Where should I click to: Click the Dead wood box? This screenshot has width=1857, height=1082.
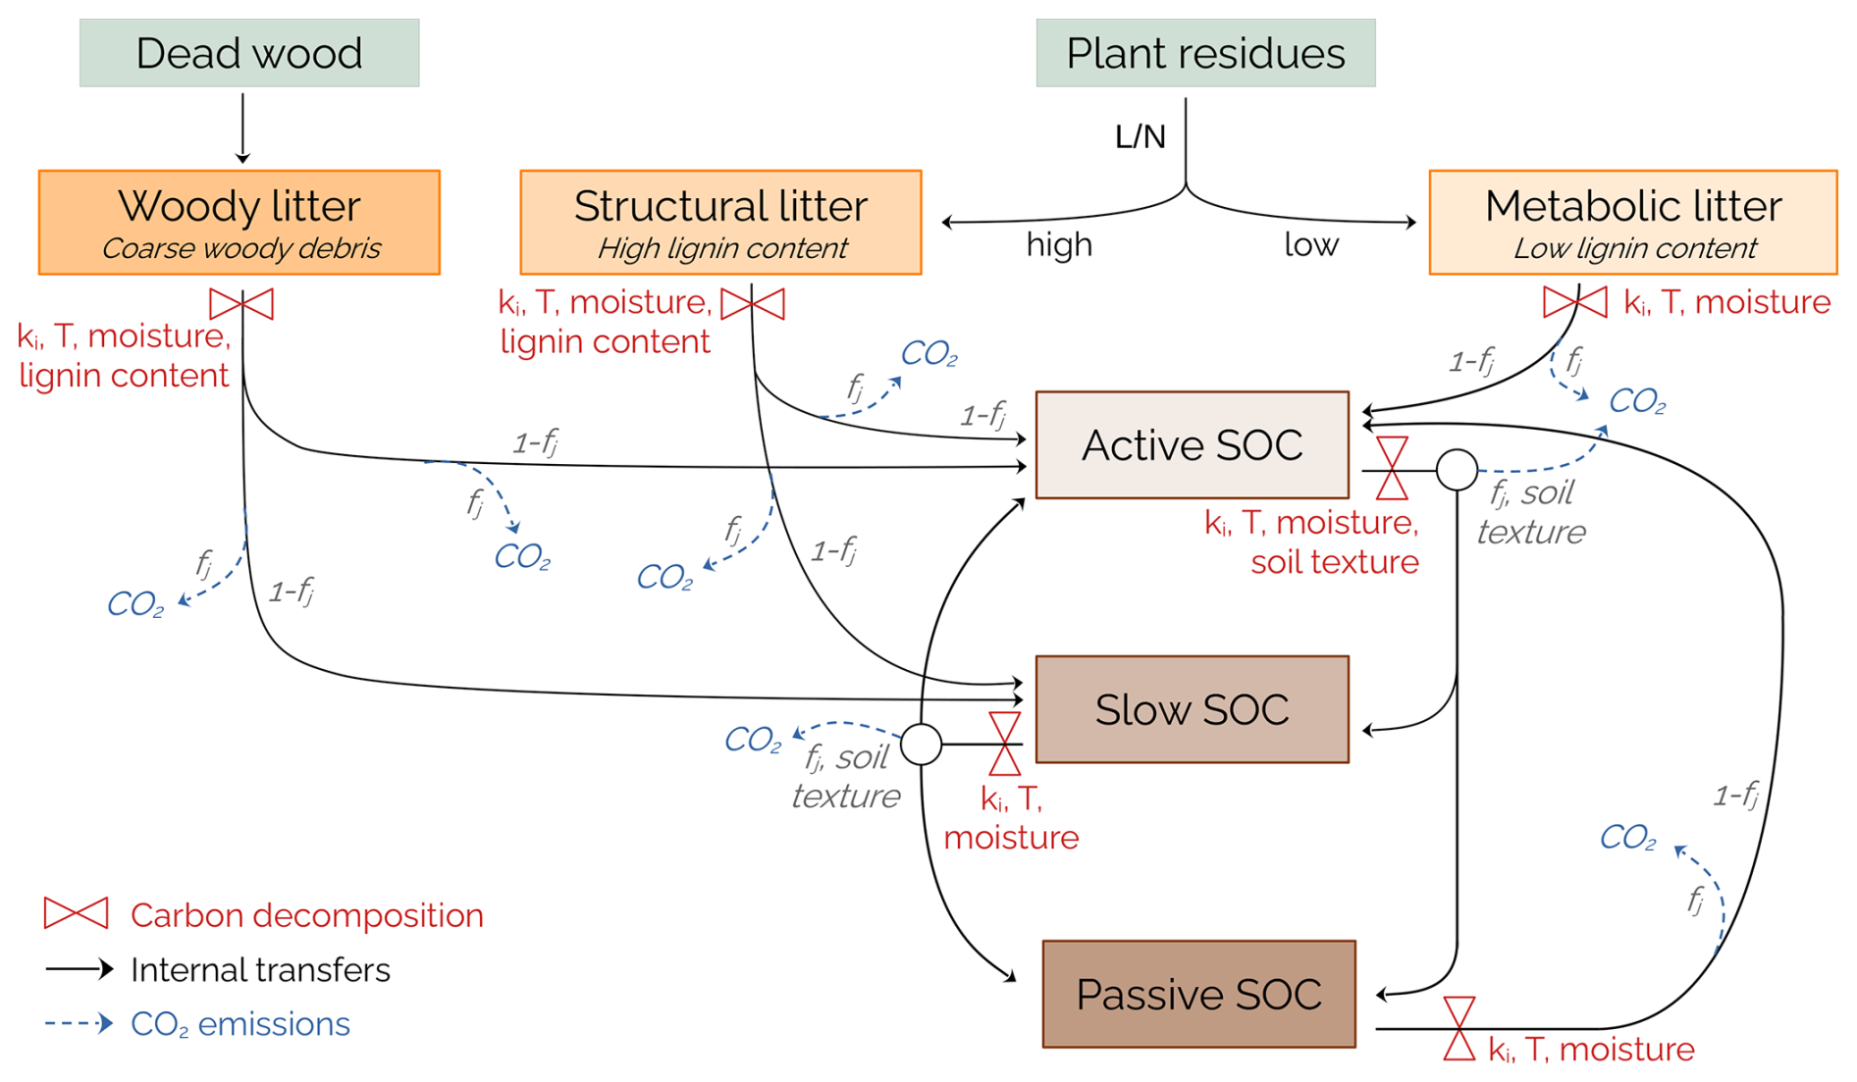coord(249,53)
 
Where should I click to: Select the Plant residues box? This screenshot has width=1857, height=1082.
coord(1205,53)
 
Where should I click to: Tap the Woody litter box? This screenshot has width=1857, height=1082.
coord(239,223)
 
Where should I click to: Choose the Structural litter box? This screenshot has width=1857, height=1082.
coord(720,223)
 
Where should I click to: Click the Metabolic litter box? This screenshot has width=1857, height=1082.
coord(1633,223)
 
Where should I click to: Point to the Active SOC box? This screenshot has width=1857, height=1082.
coord(1192,445)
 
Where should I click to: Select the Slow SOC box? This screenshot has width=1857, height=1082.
coord(1192,709)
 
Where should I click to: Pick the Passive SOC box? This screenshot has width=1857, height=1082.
coord(1198,994)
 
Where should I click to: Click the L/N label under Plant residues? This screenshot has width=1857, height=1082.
coord(1140,137)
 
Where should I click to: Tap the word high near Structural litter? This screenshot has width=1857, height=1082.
coord(1059,244)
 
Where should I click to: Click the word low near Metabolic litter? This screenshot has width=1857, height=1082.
coord(1311,244)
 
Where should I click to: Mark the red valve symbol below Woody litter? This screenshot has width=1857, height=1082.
coord(241,304)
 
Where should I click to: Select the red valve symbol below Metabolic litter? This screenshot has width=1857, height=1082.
coord(1575,302)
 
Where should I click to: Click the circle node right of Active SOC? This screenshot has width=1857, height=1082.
coord(1458,470)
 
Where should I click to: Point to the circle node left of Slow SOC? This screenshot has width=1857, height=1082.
coord(922,745)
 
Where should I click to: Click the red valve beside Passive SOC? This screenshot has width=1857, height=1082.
coord(1459,1028)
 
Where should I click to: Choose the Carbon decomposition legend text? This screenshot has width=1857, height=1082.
coord(306,915)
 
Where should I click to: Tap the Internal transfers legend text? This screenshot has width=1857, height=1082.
coord(260,970)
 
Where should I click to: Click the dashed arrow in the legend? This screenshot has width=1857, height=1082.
coord(79,1023)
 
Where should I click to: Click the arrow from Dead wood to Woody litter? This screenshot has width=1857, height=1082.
coord(242,128)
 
